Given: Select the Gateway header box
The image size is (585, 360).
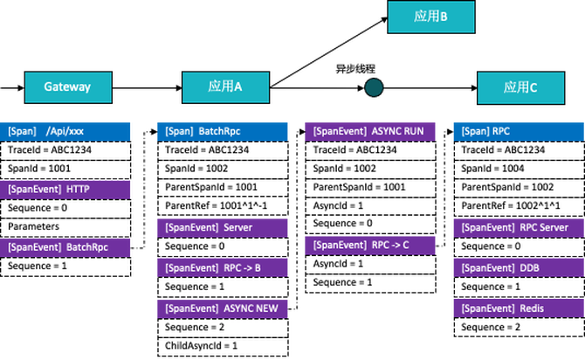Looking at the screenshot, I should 67,87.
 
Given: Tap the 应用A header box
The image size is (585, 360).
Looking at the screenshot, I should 225,87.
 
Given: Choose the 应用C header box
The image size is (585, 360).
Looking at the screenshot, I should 521,87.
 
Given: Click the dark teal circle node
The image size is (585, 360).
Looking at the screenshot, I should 374,87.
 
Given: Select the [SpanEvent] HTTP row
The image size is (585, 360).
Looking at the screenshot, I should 65,189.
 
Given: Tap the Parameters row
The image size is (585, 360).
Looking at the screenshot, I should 65,226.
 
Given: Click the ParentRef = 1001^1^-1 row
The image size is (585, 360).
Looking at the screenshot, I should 224,207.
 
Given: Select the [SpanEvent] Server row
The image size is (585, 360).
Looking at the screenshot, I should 224,226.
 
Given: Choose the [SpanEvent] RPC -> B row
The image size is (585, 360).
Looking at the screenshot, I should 224,267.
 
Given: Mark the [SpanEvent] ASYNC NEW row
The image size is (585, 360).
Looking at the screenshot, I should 224,307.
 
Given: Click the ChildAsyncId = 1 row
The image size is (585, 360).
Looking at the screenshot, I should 224,345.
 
